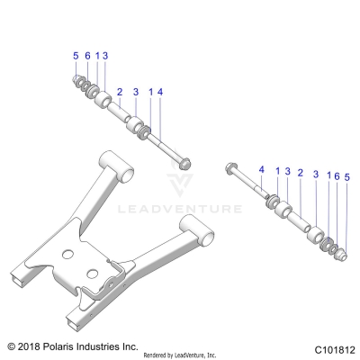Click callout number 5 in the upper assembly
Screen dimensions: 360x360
[76, 57]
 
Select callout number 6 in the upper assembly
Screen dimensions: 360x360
[86, 57]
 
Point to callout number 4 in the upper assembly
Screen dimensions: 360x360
[161, 92]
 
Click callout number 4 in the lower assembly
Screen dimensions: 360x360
[262, 169]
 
